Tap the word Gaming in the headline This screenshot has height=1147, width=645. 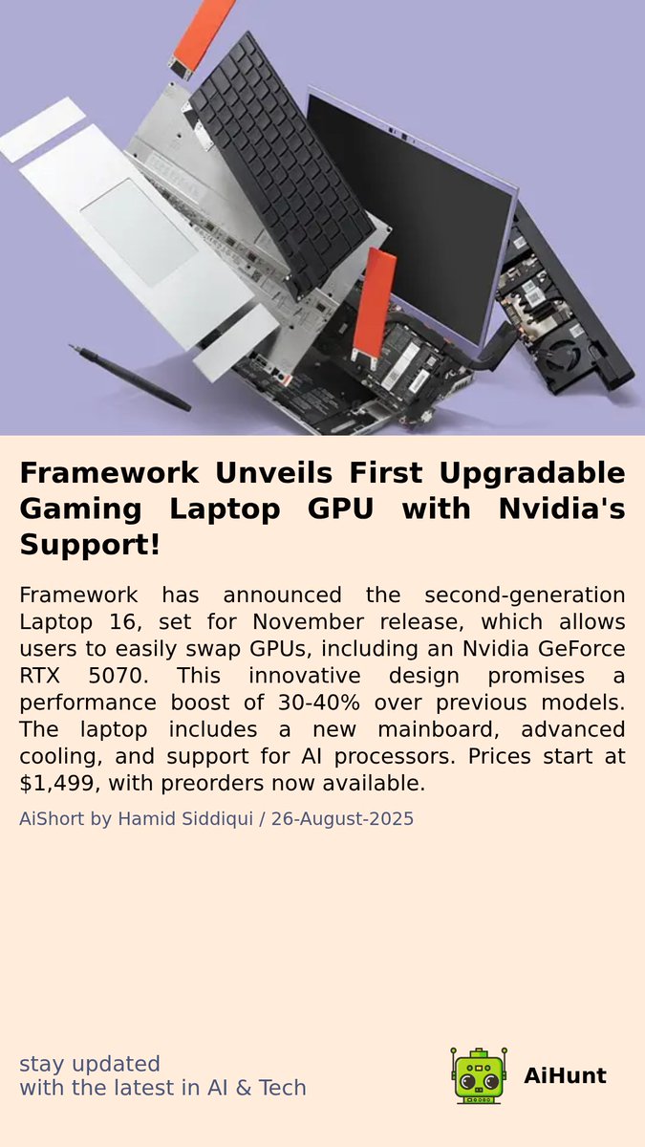(x=78, y=509)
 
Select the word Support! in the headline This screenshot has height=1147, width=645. (x=89, y=546)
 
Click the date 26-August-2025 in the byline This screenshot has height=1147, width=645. (x=342, y=819)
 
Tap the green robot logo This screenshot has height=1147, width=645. (x=478, y=1075)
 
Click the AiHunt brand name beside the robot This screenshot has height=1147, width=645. (x=565, y=1075)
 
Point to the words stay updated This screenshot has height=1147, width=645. (x=90, y=1064)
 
